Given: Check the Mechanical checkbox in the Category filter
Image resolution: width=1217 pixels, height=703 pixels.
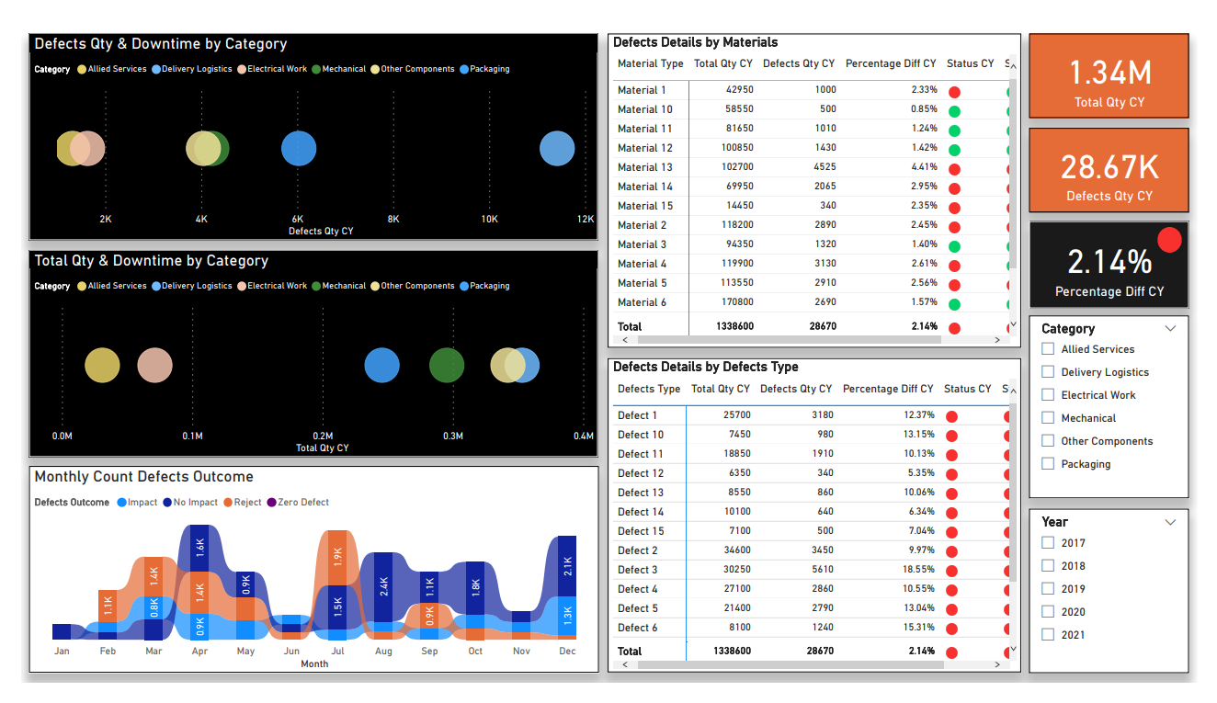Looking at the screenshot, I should pyautogui.click(x=1048, y=418).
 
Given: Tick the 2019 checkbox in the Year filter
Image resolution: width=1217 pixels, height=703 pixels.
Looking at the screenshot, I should pyautogui.click(x=1048, y=589).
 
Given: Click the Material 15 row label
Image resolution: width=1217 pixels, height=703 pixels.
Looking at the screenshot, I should pyautogui.click(x=645, y=206).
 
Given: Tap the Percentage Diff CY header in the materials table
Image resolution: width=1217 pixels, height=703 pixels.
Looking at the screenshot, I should pyautogui.click(x=891, y=64).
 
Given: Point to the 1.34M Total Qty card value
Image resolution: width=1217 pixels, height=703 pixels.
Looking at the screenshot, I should pyautogui.click(x=1109, y=74).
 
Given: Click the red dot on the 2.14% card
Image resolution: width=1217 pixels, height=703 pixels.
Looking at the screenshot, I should pyautogui.click(x=1169, y=240).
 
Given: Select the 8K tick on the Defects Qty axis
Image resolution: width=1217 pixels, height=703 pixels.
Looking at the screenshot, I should pyautogui.click(x=393, y=220).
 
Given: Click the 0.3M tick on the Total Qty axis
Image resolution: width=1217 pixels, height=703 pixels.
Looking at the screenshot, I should pyautogui.click(x=453, y=437).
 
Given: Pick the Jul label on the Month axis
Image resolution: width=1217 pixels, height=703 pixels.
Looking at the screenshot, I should pyautogui.click(x=337, y=652).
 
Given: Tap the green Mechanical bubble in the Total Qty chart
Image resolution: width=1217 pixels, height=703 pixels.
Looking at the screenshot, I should pyautogui.click(x=447, y=366).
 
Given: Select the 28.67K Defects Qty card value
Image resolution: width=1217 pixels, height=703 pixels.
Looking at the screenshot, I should pyautogui.click(x=1109, y=167).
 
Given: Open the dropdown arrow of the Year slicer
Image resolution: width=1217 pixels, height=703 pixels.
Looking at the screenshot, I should pyautogui.click(x=1170, y=522).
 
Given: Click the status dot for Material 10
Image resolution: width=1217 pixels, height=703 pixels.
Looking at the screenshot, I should pyautogui.click(x=954, y=110).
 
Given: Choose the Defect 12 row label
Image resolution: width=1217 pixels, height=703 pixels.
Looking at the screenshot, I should pyautogui.click(x=641, y=473).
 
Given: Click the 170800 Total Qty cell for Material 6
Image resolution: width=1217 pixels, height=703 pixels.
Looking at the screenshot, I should pyautogui.click(x=733, y=302).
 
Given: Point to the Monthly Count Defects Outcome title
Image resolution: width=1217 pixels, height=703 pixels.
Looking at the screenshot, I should pyautogui.click(x=144, y=477).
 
